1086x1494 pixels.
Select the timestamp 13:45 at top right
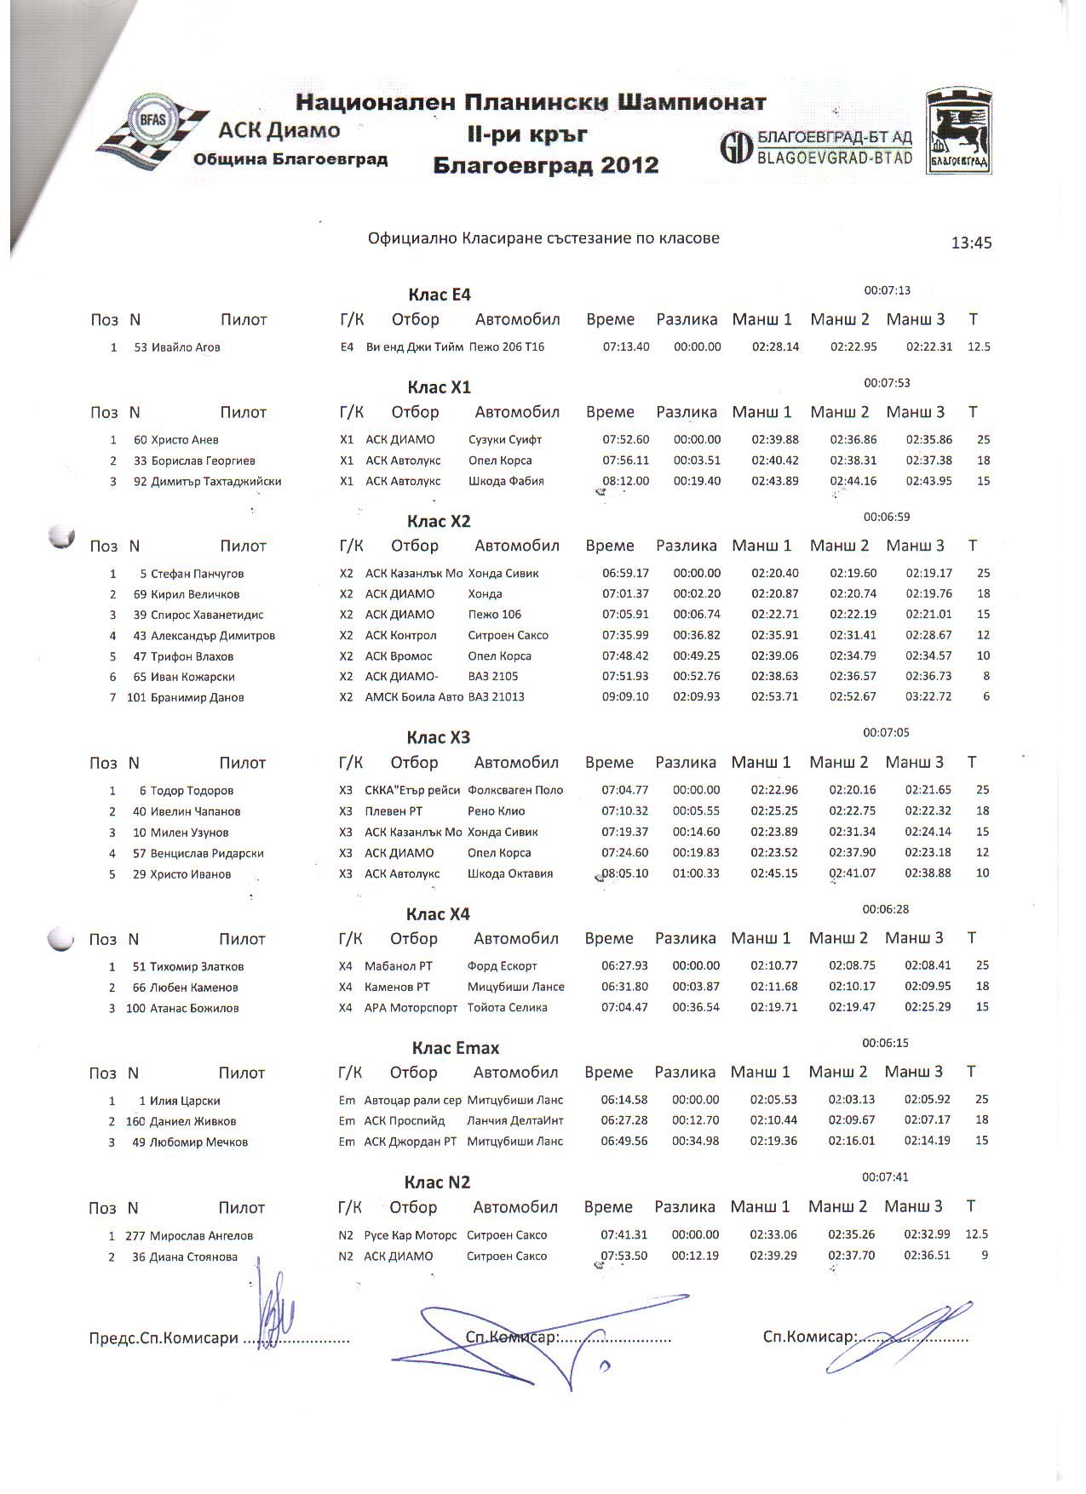pyautogui.click(x=971, y=243)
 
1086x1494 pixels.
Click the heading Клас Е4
pyautogui.click(x=440, y=295)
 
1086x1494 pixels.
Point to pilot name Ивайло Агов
pyautogui.click(x=186, y=347)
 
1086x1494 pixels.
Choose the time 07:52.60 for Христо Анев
pyautogui.click(x=625, y=440)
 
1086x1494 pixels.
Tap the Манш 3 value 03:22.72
pyautogui.click(x=928, y=697)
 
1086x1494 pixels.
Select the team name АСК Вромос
pyautogui.click(x=399, y=656)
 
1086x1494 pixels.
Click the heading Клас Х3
pyautogui.click(x=438, y=738)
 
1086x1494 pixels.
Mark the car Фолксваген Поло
pyautogui.click(x=515, y=790)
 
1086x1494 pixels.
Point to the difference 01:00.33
pyautogui.click(x=696, y=873)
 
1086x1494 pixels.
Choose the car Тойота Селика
pyautogui.click(x=507, y=1008)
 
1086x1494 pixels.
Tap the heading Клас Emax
pyautogui.click(x=456, y=1049)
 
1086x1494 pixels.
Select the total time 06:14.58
pyautogui.click(x=623, y=1100)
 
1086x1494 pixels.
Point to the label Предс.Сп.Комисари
pyautogui.click(x=164, y=1338)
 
